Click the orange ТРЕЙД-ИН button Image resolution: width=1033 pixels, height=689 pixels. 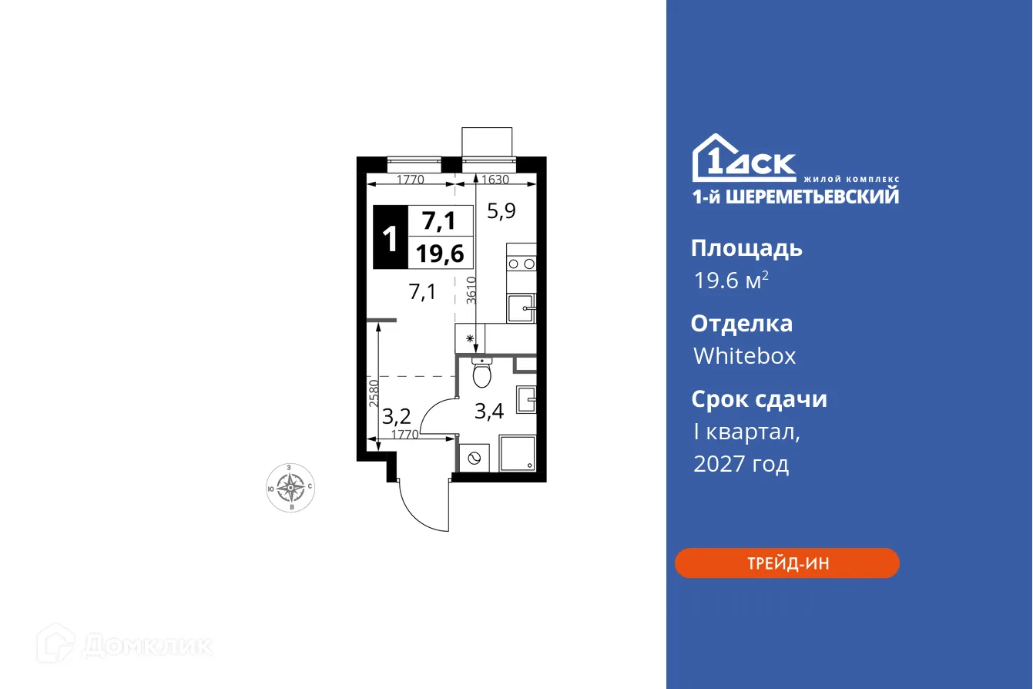(786, 563)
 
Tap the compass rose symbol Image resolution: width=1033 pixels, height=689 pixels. (290, 486)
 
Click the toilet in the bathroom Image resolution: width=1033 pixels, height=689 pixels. (482, 374)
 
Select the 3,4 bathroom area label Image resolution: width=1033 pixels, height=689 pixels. (488, 411)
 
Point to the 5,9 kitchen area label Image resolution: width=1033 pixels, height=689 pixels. (501, 210)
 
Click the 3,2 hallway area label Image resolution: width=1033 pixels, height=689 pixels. (396, 417)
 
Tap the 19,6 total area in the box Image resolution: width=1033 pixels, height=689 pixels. (440, 252)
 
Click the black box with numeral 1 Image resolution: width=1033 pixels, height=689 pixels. (391, 238)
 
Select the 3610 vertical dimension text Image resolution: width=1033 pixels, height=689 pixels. (471, 290)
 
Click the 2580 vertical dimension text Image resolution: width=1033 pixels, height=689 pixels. (373, 393)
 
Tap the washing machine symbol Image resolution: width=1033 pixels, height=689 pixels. (474, 459)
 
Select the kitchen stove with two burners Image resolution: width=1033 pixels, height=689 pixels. (522, 263)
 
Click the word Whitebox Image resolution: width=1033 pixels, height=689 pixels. (744, 355)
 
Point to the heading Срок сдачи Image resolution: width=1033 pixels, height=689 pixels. (759, 399)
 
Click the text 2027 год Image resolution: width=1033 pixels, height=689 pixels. (741, 464)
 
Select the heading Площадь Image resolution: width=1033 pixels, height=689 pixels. (746, 248)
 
